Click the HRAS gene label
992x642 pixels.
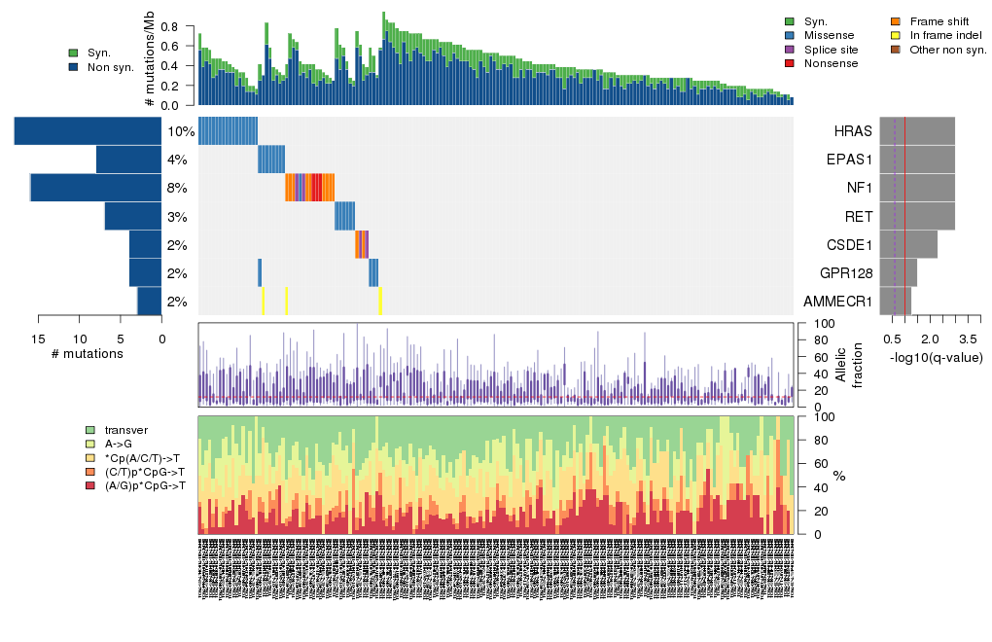[x=853, y=131]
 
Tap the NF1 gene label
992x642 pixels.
[x=859, y=188]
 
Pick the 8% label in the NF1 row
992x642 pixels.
[x=177, y=188]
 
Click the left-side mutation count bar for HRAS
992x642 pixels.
[x=88, y=131]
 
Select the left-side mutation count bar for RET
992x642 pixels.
[x=132, y=216]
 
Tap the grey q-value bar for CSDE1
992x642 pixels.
[x=908, y=244]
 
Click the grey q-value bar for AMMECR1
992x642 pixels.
[x=896, y=302]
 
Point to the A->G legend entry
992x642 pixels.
[x=120, y=444]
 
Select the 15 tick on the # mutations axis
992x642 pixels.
[x=38, y=339]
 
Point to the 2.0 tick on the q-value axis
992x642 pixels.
[x=930, y=339]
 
